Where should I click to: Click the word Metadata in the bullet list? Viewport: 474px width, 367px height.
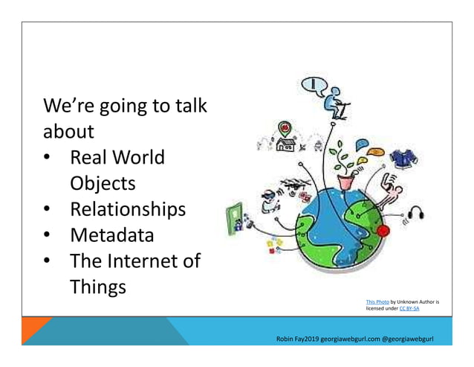coord(112,236)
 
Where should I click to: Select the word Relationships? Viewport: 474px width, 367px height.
coord(127,209)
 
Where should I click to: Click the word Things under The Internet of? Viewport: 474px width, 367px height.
coord(99,287)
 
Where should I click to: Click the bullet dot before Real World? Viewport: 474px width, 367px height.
coord(46,159)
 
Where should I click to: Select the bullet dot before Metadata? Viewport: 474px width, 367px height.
coord(46,236)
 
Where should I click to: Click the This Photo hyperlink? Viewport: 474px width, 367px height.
coord(377,301)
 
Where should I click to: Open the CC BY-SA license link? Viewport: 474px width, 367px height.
coord(409,308)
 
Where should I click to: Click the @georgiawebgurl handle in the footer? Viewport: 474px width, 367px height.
coord(410,339)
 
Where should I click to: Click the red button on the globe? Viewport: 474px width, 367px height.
coord(383,231)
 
